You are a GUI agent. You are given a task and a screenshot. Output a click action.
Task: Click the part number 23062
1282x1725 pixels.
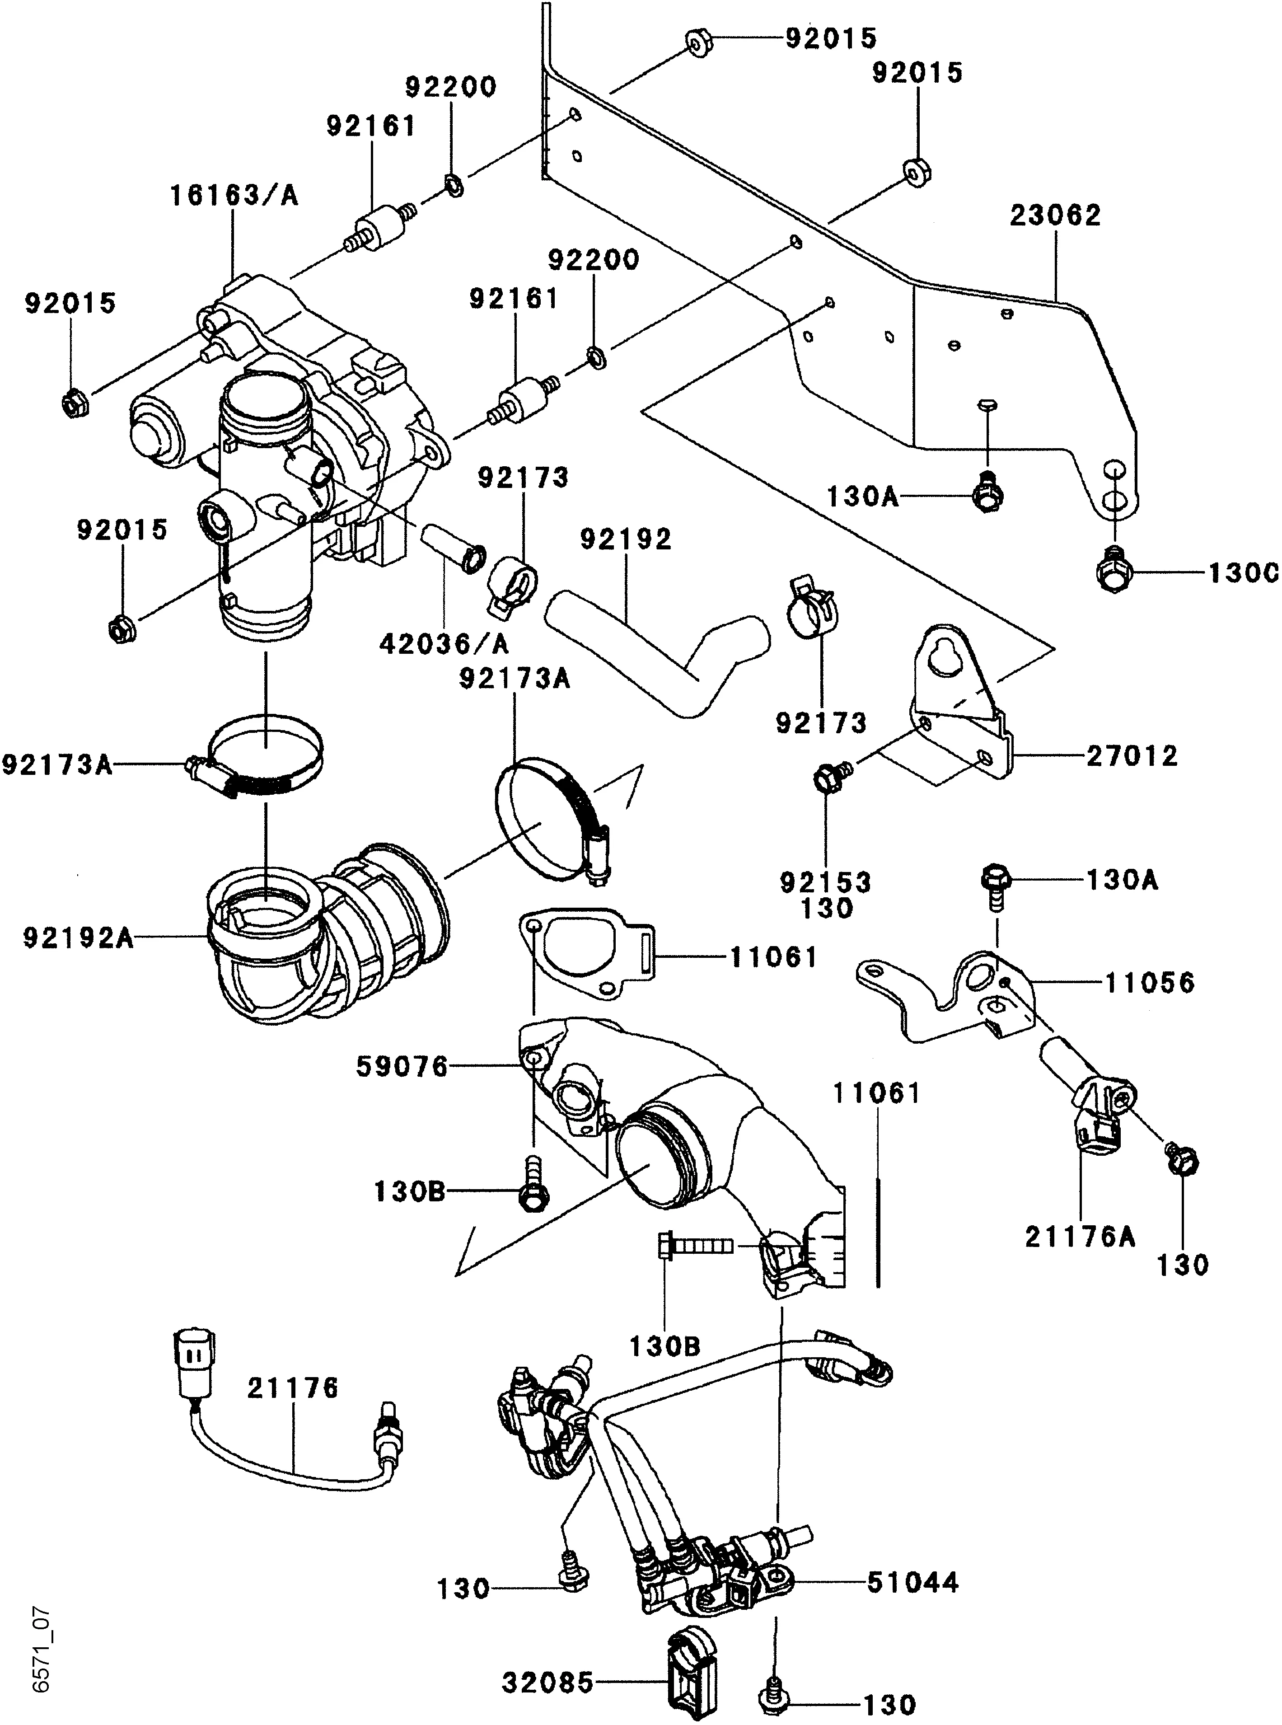coord(1055,215)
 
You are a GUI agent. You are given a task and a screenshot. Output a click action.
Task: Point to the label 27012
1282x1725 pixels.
coord(1132,755)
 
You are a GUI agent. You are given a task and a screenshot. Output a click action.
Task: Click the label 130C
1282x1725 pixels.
coord(1242,573)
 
